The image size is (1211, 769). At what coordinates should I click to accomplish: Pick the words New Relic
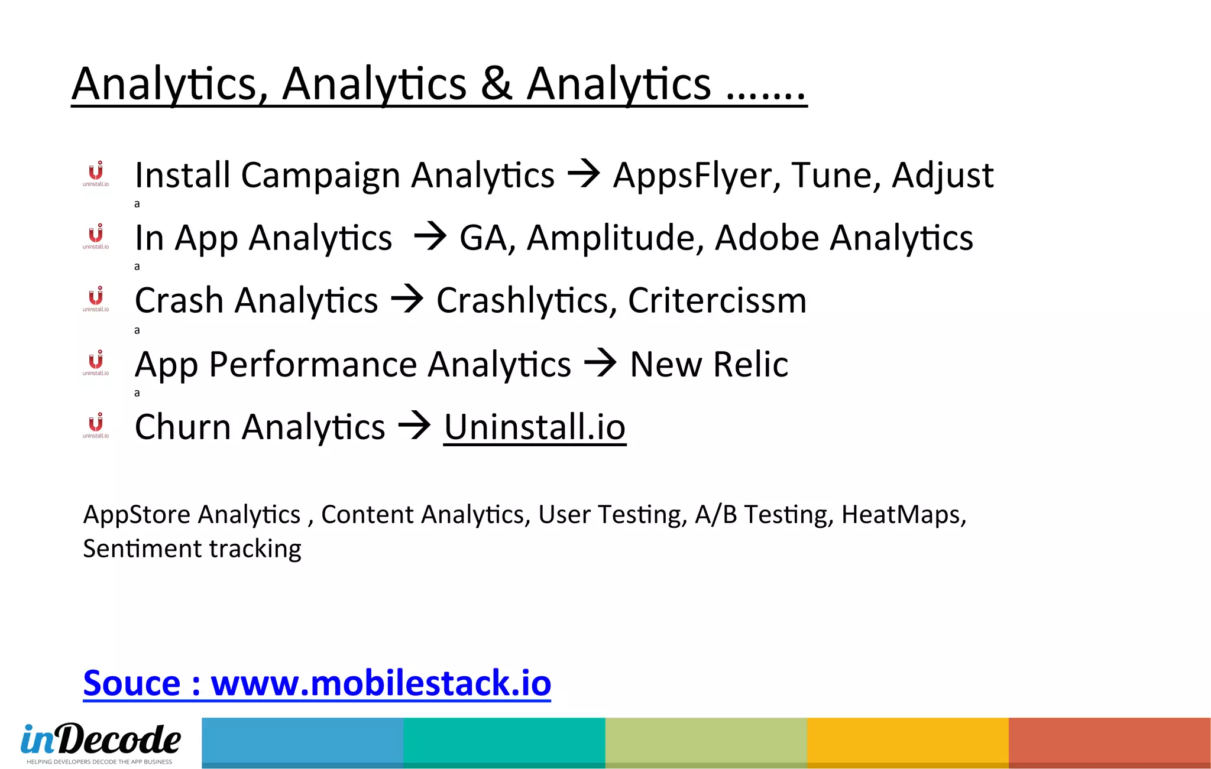click(x=708, y=364)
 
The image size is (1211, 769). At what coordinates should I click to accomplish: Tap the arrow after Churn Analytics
click(x=415, y=426)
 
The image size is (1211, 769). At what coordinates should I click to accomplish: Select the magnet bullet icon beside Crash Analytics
click(x=96, y=298)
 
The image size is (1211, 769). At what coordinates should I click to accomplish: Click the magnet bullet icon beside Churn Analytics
click(x=96, y=425)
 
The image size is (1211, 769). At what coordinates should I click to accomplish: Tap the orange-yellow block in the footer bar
click(x=908, y=742)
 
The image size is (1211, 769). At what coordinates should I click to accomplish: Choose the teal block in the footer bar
click(x=504, y=742)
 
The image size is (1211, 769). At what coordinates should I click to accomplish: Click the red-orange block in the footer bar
click(x=1109, y=742)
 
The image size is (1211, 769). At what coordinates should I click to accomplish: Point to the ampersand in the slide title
click(x=496, y=84)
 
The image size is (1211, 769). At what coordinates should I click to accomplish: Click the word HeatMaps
click(x=903, y=515)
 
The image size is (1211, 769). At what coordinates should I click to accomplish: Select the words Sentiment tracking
click(x=192, y=549)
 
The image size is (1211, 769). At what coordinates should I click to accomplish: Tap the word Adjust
click(x=943, y=176)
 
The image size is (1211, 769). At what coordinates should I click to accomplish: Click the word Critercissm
click(x=717, y=301)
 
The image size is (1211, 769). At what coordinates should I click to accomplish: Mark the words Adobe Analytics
click(x=844, y=238)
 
